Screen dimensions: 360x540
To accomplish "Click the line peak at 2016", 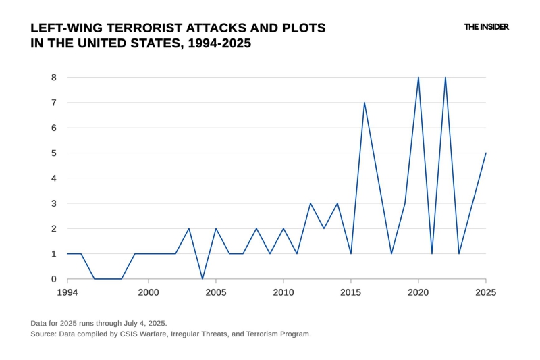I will click(364, 103).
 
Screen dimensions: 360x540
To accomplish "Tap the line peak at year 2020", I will click(418, 78).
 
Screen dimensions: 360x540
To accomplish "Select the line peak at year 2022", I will click(446, 78).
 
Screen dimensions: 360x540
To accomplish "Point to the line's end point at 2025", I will click(486, 153).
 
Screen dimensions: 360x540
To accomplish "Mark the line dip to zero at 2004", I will click(202, 279).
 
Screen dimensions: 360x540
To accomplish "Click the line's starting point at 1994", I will click(67, 254).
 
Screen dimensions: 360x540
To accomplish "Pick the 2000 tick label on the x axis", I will click(148, 292).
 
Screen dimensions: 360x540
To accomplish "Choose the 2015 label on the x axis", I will click(351, 292).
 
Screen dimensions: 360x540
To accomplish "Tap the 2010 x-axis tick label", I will click(283, 292).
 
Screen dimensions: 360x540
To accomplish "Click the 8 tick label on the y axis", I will click(53, 78).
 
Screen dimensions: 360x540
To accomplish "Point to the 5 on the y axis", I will click(53, 153).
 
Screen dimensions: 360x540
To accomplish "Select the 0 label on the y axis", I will click(53, 279).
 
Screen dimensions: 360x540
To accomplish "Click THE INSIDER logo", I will click(486, 27).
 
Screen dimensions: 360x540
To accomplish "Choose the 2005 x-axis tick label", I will click(216, 292).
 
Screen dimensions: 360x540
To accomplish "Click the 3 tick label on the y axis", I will click(53, 203).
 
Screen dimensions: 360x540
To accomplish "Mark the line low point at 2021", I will click(432, 254).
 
